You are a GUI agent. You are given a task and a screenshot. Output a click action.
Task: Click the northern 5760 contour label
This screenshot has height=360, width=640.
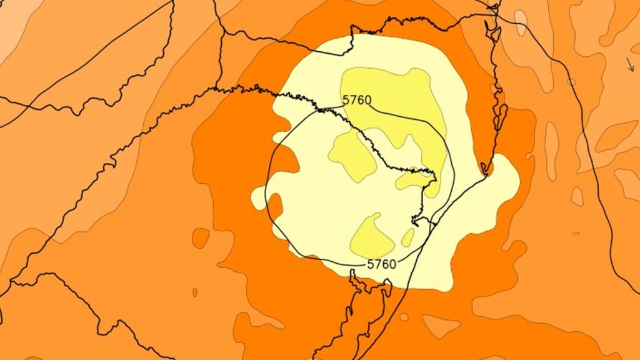click(x=357, y=100)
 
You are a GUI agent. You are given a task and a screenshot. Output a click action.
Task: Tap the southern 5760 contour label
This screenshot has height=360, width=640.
click(x=381, y=264)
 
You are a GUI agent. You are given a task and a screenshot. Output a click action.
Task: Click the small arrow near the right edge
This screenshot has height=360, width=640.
click(x=629, y=63)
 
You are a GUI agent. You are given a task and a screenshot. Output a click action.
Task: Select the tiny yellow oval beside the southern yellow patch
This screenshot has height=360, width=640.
click(x=407, y=237)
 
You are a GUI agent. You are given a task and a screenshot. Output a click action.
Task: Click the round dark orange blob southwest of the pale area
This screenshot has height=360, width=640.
click(x=201, y=237)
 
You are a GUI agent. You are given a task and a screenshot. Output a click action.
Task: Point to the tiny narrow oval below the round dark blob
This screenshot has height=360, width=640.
click(x=195, y=292)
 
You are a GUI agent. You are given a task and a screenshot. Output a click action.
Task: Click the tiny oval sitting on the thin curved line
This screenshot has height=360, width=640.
click(x=571, y=82)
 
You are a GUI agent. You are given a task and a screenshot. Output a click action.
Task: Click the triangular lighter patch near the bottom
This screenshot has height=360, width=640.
click(x=441, y=326)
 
